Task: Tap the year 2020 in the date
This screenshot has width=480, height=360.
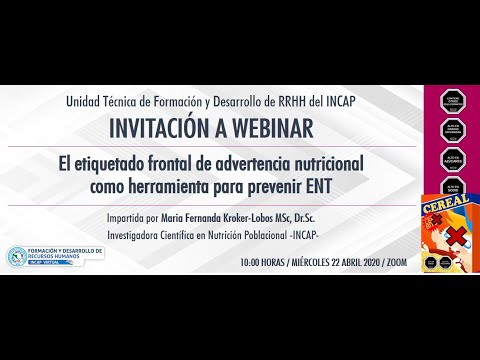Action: click(x=365, y=262)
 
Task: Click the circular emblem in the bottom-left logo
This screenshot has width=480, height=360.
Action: click(x=17, y=257)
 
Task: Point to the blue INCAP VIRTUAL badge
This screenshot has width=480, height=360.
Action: click(x=57, y=266)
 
